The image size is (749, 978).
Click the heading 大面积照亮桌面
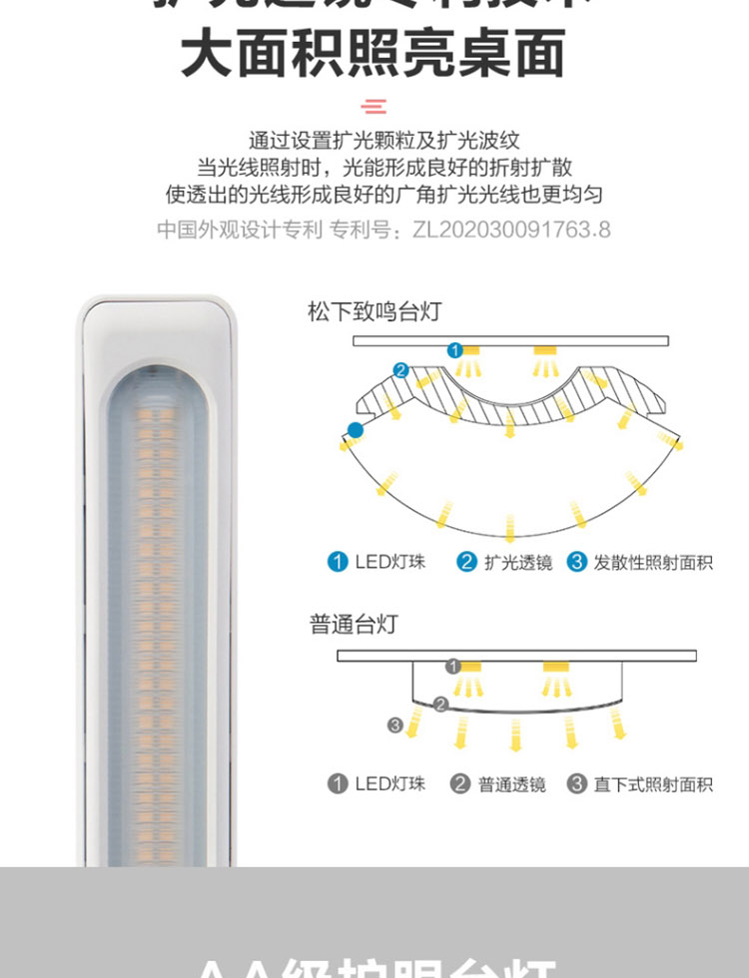click(x=374, y=53)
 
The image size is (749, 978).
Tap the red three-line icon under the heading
click(x=374, y=107)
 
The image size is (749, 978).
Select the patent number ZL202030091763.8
click(x=510, y=230)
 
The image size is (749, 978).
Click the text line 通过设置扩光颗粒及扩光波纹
click(x=383, y=141)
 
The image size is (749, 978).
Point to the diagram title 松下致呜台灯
click(x=374, y=311)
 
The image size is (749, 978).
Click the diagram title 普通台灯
click(x=354, y=625)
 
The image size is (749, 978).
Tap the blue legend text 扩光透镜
click(x=517, y=562)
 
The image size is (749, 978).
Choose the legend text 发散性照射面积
click(x=653, y=562)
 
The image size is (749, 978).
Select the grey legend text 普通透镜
click(x=511, y=783)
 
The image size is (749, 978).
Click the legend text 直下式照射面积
click(x=653, y=783)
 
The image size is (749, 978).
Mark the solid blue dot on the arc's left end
click(x=355, y=430)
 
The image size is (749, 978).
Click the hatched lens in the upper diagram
click(x=509, y=399)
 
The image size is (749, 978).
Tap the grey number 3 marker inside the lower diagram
click(x=395, y=726)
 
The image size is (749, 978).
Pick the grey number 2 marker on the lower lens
click(x=441, y=705)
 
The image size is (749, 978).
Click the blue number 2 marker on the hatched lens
click(x=400, y=370)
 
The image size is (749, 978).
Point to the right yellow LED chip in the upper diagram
click(x=543, y=350)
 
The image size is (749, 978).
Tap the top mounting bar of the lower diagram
click(x=516, y=655)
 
